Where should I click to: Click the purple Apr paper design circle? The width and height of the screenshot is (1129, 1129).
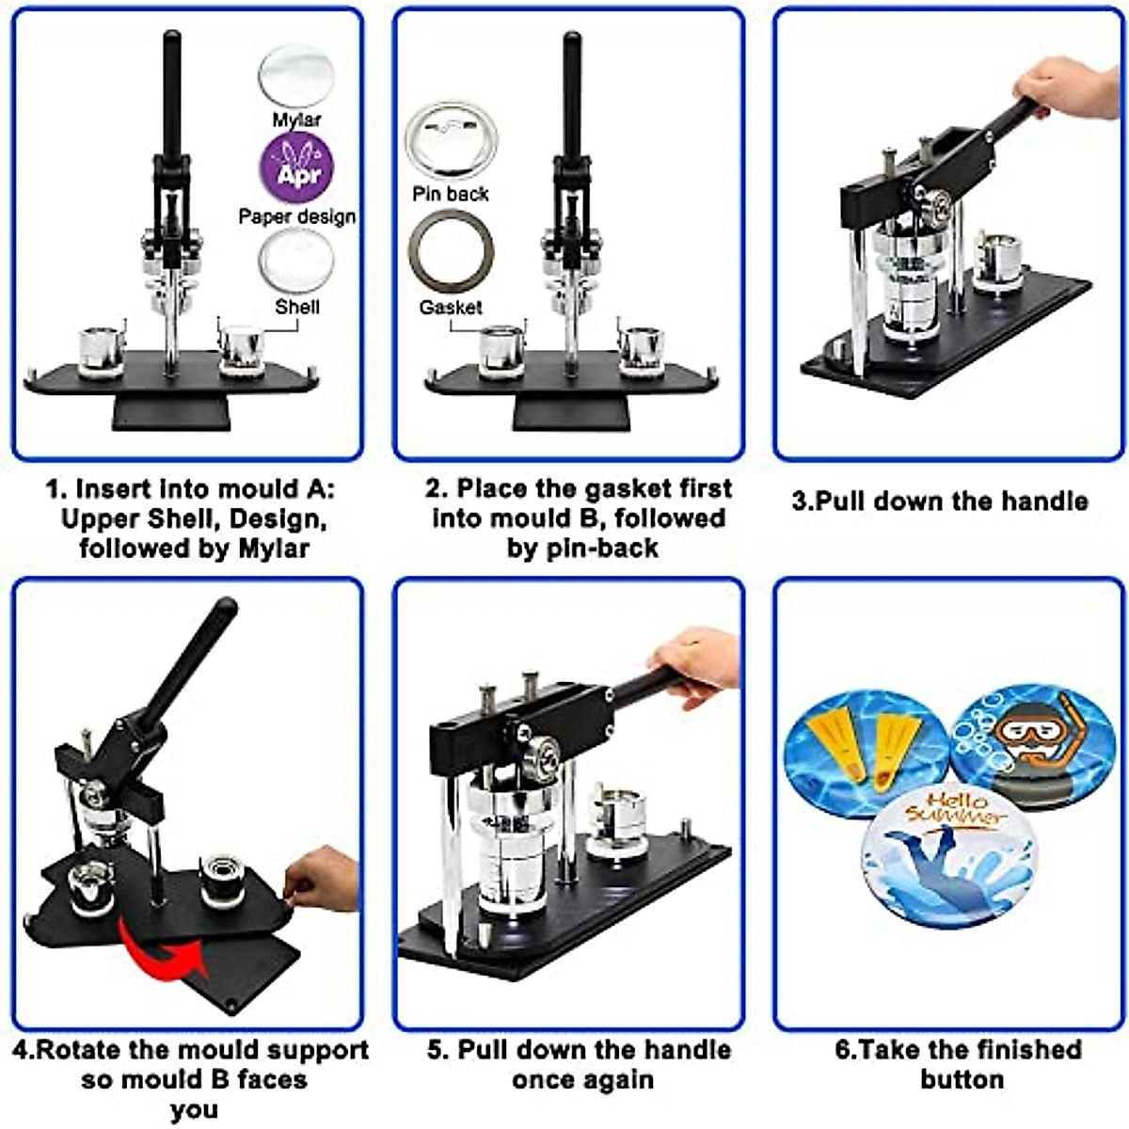pyautogui.click(x=296, y=167)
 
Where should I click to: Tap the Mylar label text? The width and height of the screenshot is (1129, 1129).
pyautogui.click(x=296, y=119)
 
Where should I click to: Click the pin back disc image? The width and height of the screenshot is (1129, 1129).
pyautogui.click(x=451, y=139)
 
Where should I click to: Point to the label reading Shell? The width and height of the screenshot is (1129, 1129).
pyautogui.click(x=297, y=307)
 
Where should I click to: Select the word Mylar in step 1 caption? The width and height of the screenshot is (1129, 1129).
pyautogui.click(x=273, y=549)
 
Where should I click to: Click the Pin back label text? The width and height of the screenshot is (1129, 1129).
pyautogui.click(x=451, y=194)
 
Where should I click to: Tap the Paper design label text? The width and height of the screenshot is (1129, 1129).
pyautogui.click(x=297, y=216)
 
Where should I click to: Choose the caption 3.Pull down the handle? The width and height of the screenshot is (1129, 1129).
pyautogui.click(x=939, y=501)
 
